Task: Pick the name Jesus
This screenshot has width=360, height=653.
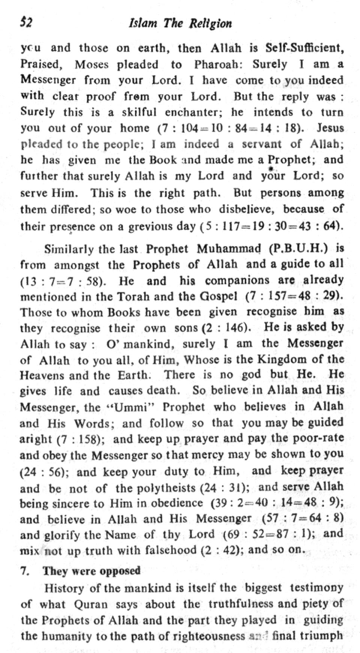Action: pos(330,128)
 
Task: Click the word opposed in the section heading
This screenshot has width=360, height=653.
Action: pos(120,571)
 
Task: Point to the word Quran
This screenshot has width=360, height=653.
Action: pos(91,604)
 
